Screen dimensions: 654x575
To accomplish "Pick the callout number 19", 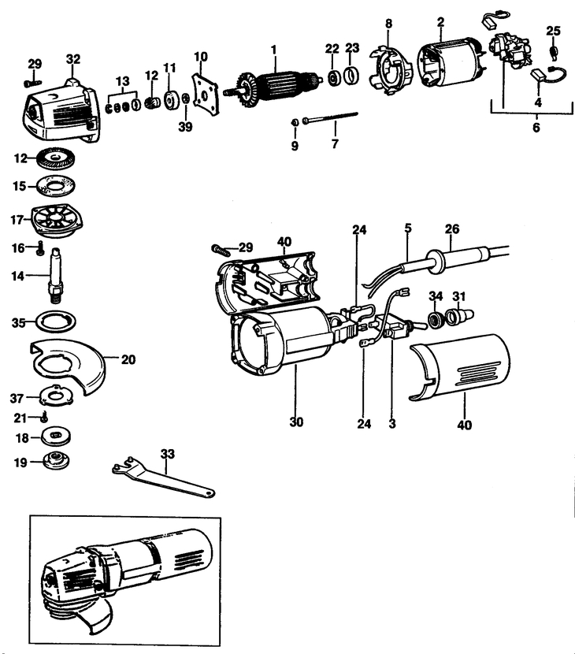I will (x=21, y=463).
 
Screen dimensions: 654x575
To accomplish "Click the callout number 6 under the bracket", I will (x=536, y=127).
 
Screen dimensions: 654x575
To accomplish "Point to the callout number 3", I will (x=391, y=423).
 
